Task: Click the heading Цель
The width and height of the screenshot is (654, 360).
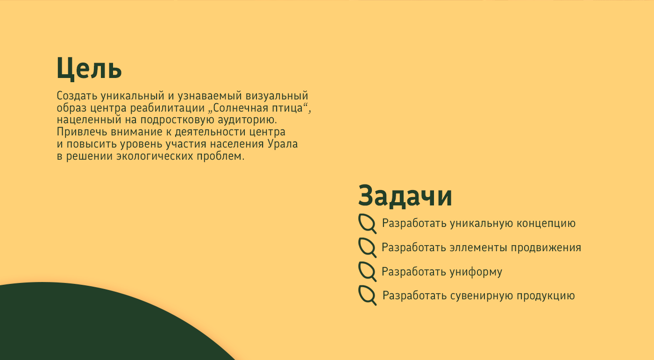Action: click(89, 69)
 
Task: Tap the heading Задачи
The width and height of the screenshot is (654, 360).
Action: click(405, 196)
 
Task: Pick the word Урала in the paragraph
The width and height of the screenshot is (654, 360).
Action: click(283, 144)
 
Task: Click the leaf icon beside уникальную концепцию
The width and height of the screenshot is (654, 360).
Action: click(367, 223)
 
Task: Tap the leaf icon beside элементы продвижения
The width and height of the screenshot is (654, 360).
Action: click(367, 247)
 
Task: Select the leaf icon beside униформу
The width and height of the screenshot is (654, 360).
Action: click(367, 272)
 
